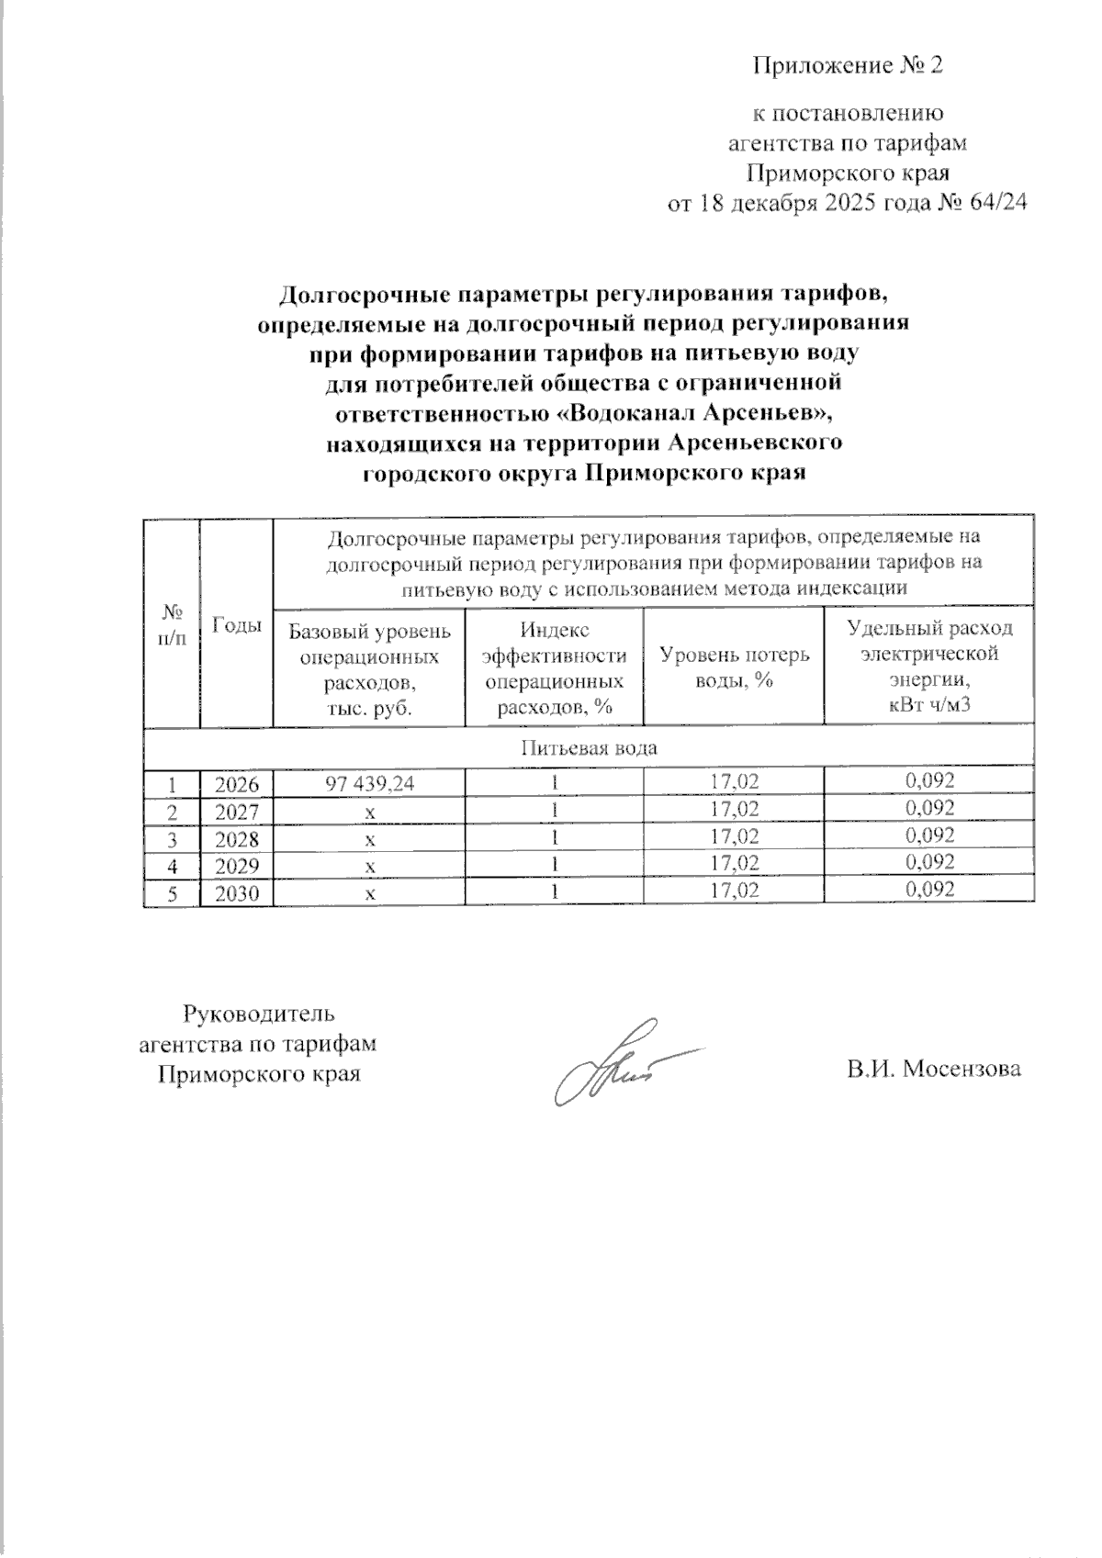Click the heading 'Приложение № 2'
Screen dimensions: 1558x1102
848,66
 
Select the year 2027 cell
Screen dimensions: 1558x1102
237,811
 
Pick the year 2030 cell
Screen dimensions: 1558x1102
237,891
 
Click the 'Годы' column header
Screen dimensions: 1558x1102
237,625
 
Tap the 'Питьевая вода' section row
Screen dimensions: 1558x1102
589,747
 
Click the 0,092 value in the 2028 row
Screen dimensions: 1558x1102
929,835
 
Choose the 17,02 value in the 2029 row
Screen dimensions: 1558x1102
735,863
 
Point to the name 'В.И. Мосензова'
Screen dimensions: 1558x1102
934,1070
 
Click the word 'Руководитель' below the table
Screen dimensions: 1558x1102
260,1014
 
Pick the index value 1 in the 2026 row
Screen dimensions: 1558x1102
554,783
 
